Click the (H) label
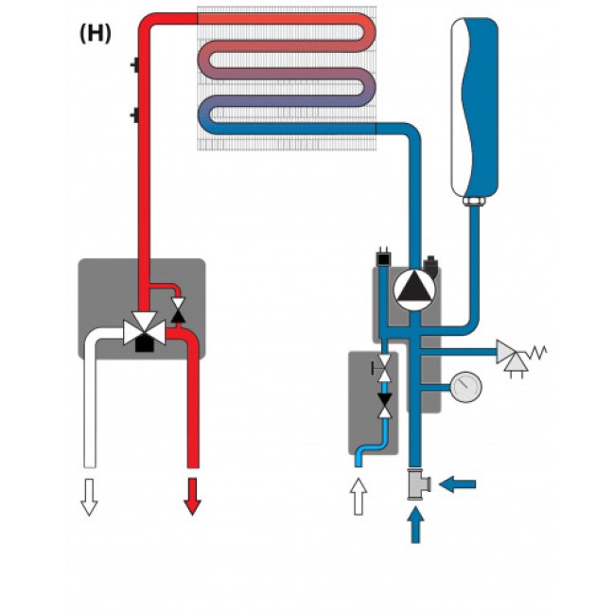pos(96,33)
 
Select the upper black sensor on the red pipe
pos(134,66)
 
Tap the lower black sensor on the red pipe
pos(134,116)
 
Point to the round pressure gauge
pos(466,386)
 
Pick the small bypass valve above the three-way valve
pos(176,307)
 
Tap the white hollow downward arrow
pos(89,495)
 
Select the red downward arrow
pos(192,495)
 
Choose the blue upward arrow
pos(414,525)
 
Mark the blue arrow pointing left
pos(459,484)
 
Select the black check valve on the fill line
pos(384,407)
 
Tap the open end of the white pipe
pos(89,464)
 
